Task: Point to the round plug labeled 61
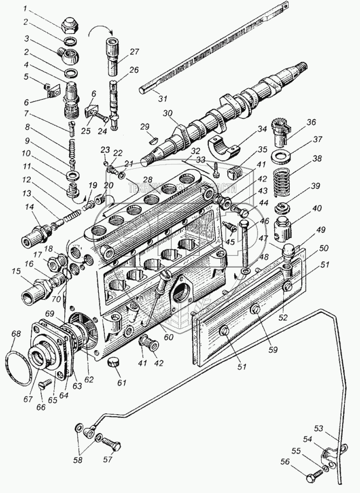113,363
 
